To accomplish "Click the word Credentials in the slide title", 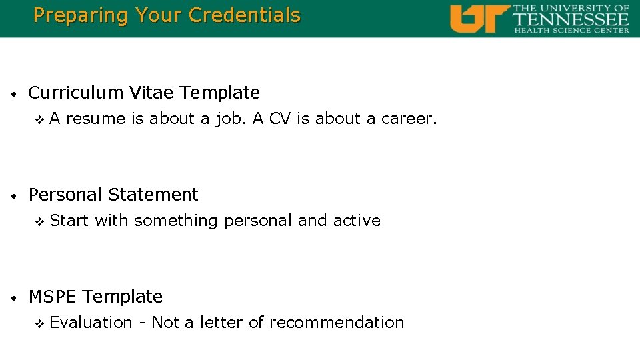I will (x=245, y=15).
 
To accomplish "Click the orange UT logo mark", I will (x=479, y=19).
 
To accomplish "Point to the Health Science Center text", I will (x=571, y=30).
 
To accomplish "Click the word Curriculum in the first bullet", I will (x=75, y=93).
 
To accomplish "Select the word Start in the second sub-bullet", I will (x=69, y=221).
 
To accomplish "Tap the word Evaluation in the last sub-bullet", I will (x=91, y=323).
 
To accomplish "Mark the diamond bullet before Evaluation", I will (x=39, y=323).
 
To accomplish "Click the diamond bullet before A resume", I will (x=39, y=120).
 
